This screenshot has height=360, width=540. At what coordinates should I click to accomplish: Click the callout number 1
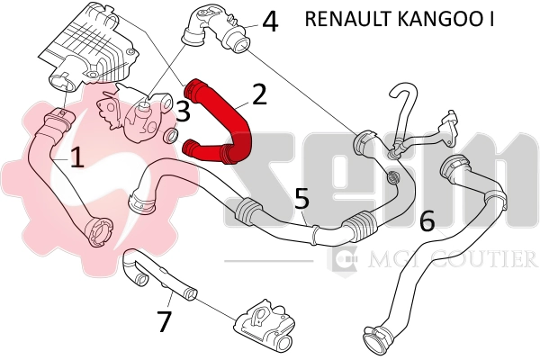(x=77, y=157)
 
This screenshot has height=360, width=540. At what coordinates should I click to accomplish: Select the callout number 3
(x=182, y=112)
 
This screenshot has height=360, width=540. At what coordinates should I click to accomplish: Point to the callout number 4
(x=269, y=20)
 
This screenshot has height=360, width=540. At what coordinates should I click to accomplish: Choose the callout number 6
(x=427, y=219)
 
